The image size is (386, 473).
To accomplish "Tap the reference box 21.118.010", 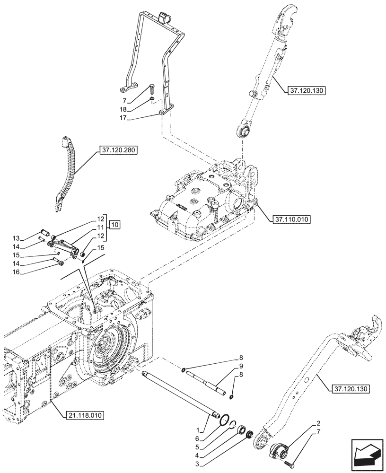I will (83, 415).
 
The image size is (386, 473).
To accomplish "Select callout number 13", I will (29, 238).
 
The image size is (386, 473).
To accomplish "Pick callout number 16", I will (29, 273).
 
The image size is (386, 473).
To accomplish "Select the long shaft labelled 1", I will (180, 394).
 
